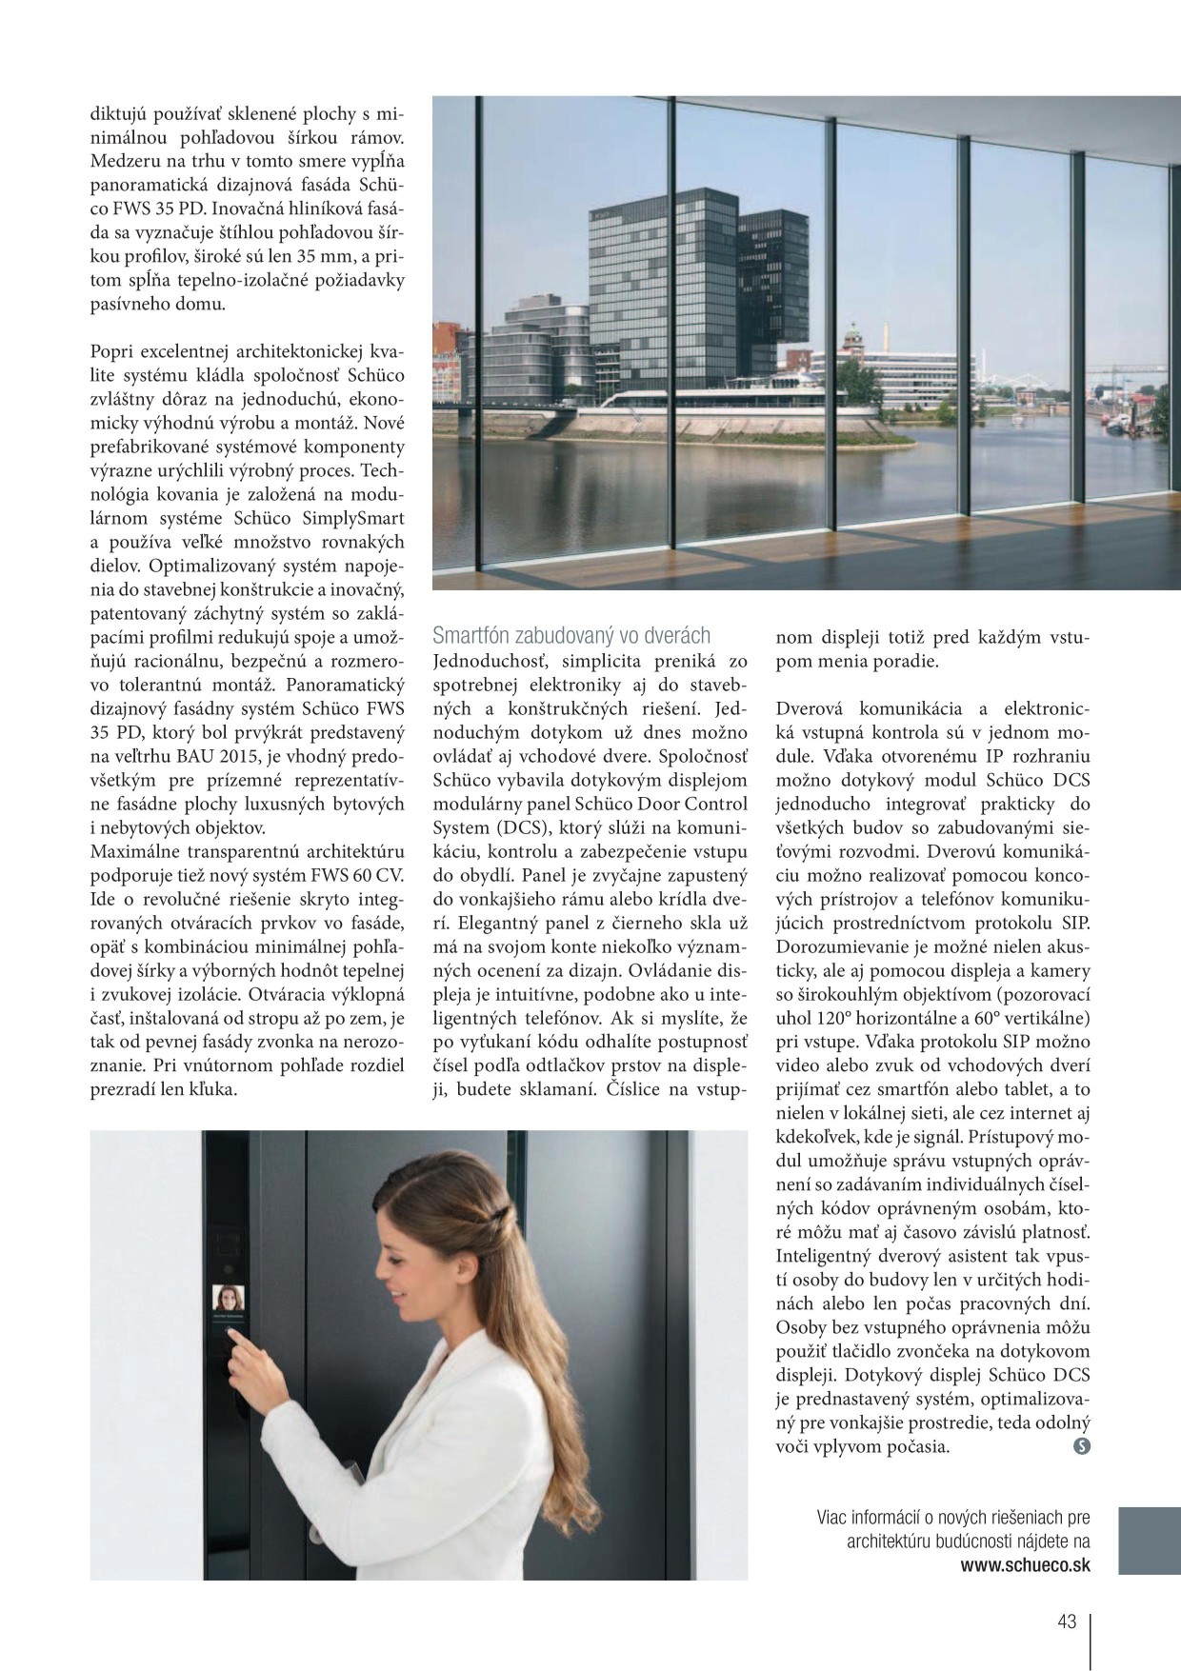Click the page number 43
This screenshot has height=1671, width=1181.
[1066, 1621]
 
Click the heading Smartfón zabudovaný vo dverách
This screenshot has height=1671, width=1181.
[571, 636]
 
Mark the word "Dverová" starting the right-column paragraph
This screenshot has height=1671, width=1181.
[811, 708]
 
